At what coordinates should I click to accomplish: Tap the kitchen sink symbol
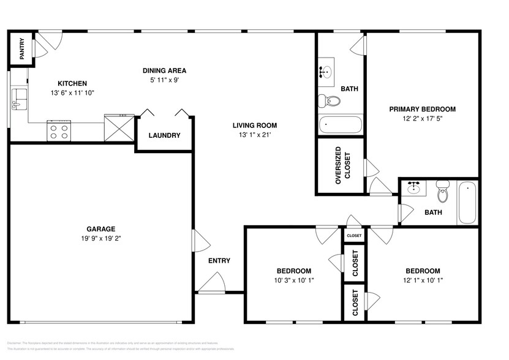tap(18, 98)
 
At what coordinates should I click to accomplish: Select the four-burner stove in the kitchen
tap(59, 130)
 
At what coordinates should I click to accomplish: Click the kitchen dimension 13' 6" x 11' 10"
tap(72, 92)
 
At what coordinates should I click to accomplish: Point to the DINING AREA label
tap(164, 70)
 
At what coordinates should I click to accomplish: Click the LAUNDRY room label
tap(164, 135)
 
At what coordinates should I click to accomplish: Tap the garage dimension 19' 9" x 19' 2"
tap(101, 239)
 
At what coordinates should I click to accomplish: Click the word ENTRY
tap(219, 261)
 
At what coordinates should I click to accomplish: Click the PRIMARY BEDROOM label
tap(423, 110)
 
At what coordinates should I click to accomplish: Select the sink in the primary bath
tap(326, 73)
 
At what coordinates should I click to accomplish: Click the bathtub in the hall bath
tap(467, 203)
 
